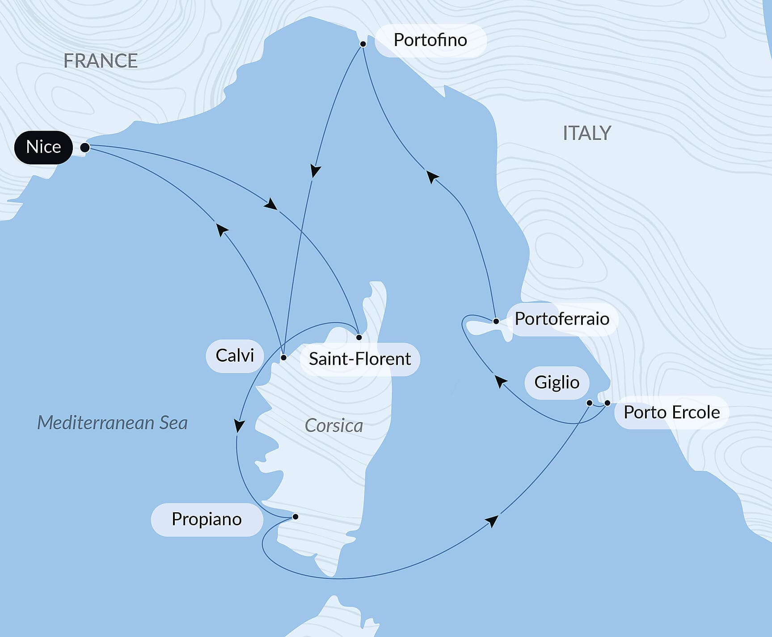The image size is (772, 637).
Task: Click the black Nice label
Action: click(43, 147)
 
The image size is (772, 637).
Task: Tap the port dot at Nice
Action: click(84, 148)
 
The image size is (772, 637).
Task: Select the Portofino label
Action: click(430, 40)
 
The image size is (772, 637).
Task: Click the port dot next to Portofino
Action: click(363, 44)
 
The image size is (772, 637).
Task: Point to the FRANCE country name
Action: click(101, 61)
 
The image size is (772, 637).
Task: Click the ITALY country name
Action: click(586, 133)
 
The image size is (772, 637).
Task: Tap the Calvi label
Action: click(235, 356)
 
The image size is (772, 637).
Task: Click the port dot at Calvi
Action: click(283, 358)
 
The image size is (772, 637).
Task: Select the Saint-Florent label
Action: click(360, 359)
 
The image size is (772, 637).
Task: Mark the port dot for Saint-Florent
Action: click(359, 337)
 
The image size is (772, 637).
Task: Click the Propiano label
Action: click(207, 519)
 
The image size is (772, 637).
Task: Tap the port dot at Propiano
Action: click(295, 517)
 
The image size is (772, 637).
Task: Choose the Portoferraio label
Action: click(562, 319)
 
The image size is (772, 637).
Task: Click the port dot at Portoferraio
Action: click(496, 321)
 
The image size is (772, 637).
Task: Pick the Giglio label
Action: click(557, 383)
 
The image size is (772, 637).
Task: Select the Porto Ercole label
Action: click(671, 413)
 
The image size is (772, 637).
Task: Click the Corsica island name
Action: click(334, 426)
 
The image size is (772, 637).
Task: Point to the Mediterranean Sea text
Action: click(112, 423)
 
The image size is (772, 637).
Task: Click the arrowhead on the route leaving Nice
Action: click(270, 205)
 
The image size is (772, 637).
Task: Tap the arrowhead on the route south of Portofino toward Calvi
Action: click(316, 171)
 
